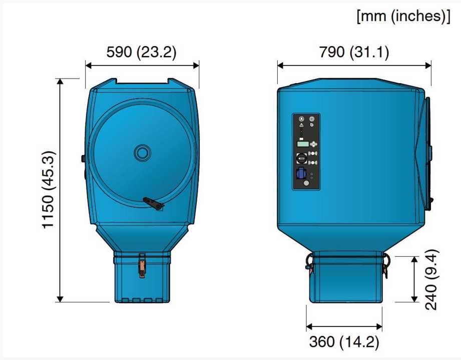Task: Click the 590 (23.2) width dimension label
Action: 141,52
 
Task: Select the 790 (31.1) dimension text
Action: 354,52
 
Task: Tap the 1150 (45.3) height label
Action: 48,190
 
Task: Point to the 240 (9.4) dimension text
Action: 431,280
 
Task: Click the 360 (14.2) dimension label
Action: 344,342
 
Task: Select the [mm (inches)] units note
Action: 403,16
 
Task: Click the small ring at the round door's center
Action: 142,153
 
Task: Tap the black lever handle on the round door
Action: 153,203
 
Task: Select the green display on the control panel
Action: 303,144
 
